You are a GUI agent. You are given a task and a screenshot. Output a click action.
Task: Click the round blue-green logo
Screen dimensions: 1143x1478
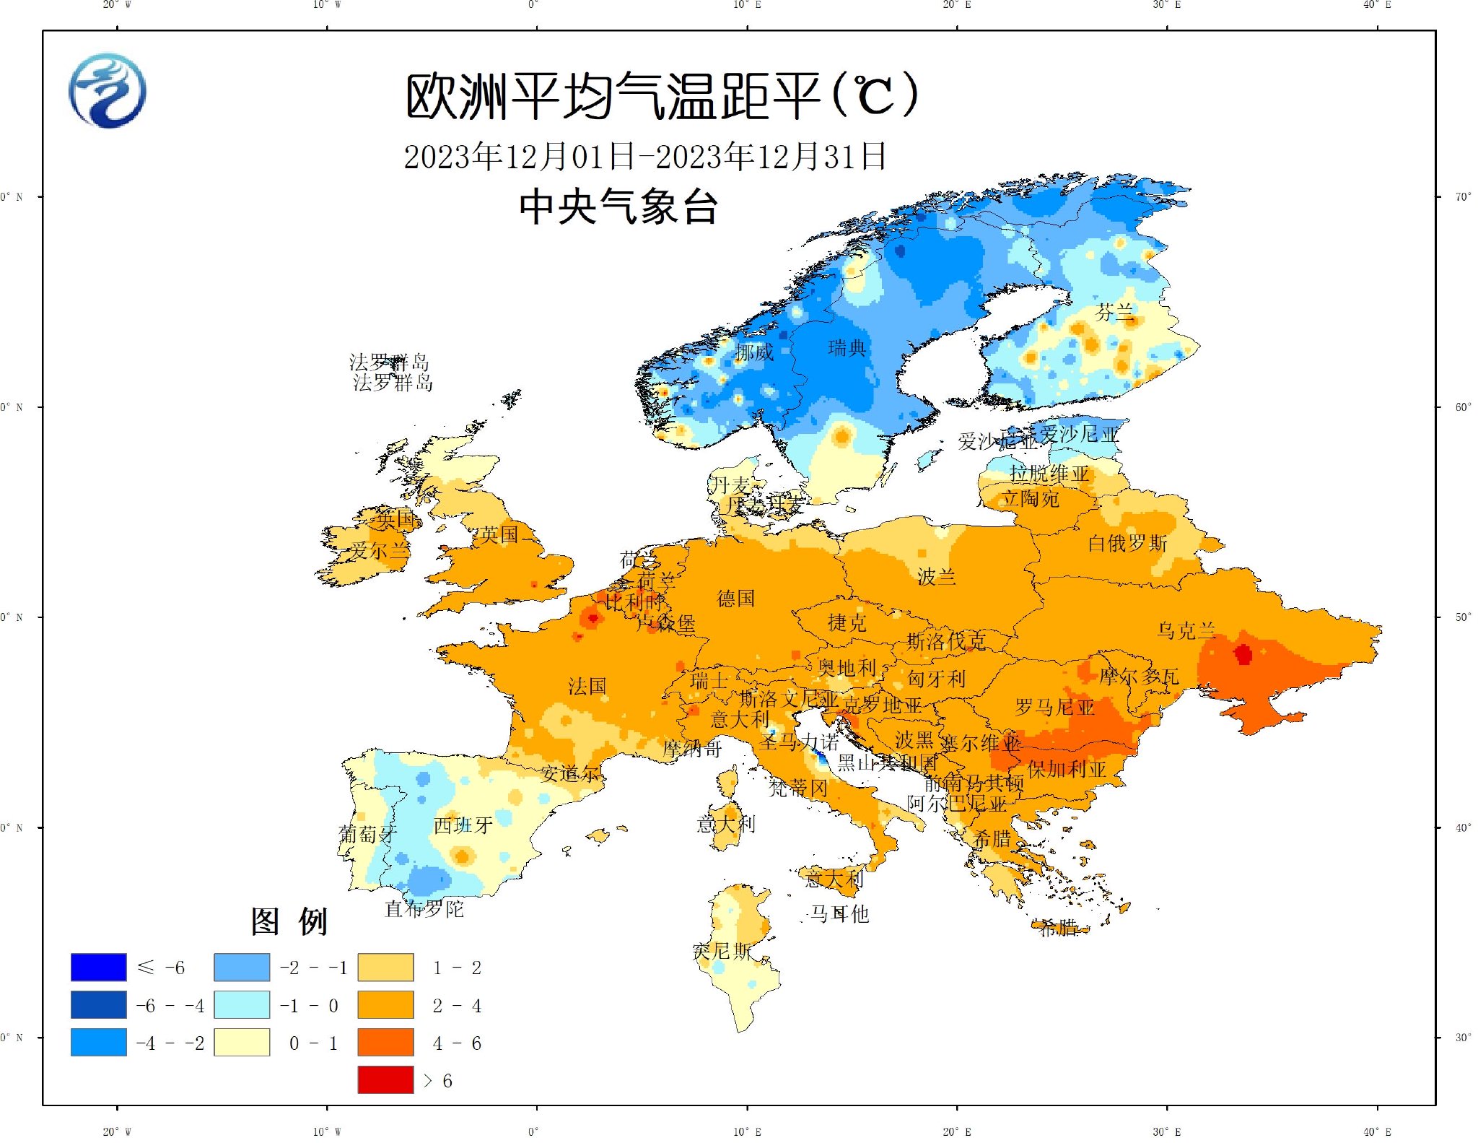coord(108,91)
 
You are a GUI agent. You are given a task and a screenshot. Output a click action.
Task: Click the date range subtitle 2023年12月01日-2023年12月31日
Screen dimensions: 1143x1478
coord(644,157)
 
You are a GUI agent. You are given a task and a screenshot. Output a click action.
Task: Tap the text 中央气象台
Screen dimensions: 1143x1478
coord(618,207)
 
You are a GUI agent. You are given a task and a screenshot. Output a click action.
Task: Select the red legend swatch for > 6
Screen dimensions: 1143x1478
coord(385,1079)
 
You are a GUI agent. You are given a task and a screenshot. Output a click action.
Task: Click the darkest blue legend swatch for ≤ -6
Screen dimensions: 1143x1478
coord(99,967)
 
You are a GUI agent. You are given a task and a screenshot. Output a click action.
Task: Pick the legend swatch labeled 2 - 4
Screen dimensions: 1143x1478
coord(385,1004)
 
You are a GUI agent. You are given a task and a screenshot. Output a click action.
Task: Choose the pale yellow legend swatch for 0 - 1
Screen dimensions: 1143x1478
coord(242,1042)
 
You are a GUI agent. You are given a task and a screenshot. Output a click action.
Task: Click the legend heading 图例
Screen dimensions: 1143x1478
coord(289,921)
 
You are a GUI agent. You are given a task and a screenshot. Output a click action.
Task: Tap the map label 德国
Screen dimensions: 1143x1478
coord(735,599)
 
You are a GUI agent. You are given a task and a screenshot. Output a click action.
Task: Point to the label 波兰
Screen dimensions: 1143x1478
coord(936,576)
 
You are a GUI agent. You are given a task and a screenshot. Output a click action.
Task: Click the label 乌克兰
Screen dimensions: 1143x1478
coord(1186,630)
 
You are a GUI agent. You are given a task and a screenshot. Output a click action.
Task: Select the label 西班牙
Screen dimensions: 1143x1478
coord(463,825)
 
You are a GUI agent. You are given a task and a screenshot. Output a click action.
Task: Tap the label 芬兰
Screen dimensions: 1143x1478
coord(1114,313)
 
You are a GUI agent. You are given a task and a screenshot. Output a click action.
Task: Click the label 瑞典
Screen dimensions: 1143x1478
coord(847,348)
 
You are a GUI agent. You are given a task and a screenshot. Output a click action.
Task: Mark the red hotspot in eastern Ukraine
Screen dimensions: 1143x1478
coord(1243,654)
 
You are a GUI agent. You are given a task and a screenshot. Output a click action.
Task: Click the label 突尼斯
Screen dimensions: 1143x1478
coord(722,951)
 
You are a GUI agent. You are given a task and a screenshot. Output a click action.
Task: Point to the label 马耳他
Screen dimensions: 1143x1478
coord(839,914)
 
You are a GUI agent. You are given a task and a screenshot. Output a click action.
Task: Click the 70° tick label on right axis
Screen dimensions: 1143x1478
coord(1462,196)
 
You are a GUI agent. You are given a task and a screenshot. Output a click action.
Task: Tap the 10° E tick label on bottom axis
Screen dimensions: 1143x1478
coord(747,1131)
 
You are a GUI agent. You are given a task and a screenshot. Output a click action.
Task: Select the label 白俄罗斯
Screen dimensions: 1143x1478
coord(1127,543)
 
